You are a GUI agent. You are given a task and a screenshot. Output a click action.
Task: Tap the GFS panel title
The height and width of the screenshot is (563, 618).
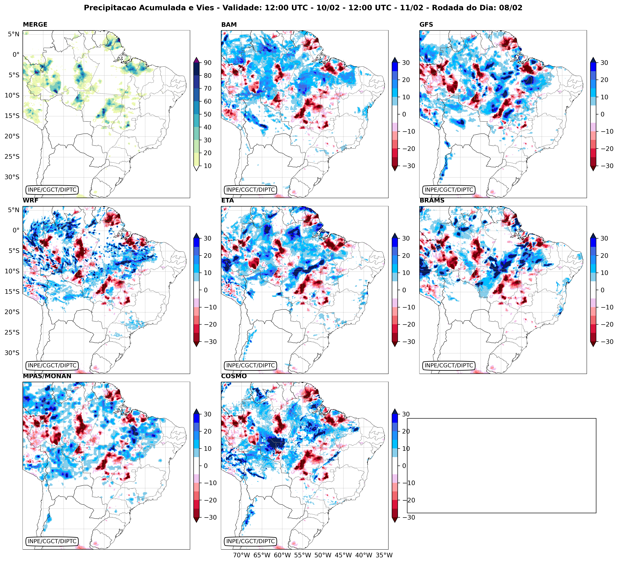(x=426, y=25)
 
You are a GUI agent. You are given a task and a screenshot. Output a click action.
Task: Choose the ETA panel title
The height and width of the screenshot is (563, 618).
(x=228, y=201)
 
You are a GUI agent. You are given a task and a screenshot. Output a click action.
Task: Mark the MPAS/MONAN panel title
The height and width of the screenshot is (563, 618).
(x=47, y=376)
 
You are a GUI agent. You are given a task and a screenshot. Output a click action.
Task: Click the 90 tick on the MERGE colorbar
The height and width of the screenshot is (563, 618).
(x=208, y=63)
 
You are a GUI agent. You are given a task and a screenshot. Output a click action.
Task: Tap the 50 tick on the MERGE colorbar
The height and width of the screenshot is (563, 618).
(x=208, y=114)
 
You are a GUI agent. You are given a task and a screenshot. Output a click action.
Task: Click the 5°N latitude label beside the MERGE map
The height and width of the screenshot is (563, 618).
(x=14, y=34)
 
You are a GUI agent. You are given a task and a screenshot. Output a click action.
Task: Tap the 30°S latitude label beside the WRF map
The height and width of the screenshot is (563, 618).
(x=12, y=353)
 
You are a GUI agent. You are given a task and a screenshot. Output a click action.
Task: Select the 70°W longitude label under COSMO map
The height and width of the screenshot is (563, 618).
(x=241, y=555)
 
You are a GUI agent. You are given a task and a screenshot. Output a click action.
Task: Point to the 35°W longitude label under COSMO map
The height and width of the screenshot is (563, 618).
(x=384, y=555)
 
